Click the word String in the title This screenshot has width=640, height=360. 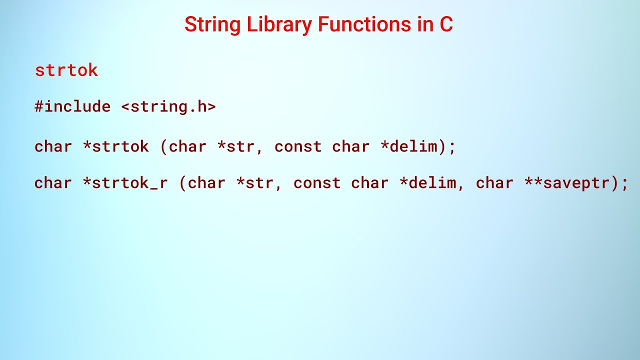212,24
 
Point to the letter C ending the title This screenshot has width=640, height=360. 446,24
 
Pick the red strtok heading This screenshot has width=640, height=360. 66,70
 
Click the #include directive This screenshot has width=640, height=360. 72,106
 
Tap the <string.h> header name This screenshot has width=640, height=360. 168,106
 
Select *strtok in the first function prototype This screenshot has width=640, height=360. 115,146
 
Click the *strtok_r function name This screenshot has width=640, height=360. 125,183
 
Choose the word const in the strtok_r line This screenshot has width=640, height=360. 317,183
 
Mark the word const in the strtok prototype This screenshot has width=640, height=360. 298,146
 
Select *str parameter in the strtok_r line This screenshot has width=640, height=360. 255,183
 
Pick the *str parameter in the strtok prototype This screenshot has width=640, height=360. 236,146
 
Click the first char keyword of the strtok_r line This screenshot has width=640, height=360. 53,183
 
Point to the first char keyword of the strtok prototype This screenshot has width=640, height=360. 53,146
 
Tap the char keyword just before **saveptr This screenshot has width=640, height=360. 494,183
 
